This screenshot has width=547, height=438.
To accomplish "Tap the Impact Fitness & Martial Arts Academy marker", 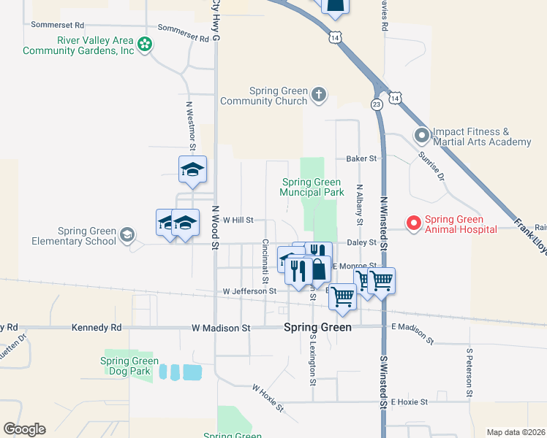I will click(x=421, y=136).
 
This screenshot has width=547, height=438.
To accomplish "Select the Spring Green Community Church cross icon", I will click(x=318, y=94).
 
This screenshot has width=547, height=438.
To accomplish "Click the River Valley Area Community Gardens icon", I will click(x=146, y=45).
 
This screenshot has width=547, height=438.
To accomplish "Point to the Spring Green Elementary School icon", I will click(x=127, y=234).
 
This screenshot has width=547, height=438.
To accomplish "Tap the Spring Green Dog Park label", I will click(x=129, y=366).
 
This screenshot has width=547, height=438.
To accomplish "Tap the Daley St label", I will click(x=361, y=242).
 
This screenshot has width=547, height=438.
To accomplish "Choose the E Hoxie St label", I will click(x=410, y=401).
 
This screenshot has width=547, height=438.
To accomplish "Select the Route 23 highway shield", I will click(x=377, y=104).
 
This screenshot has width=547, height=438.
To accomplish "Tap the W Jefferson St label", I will click(x=249, y=291).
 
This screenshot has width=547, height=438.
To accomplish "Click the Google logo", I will click(x=24, y=429).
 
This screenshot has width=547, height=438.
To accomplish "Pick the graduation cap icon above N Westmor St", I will click(x=193, y=169).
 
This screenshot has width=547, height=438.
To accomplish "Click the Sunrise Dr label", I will click(x=431, y=166).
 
